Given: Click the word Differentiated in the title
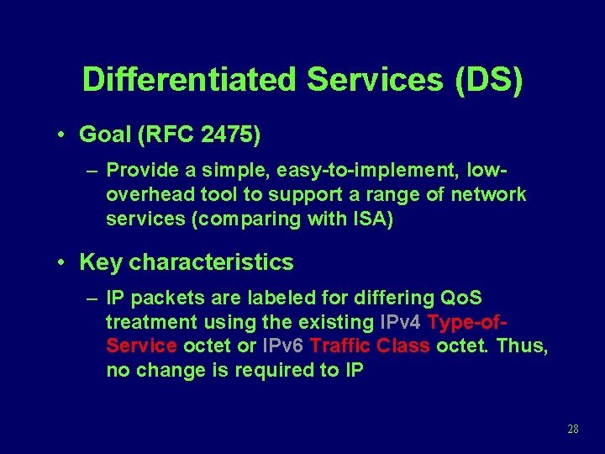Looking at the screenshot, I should [190, 80].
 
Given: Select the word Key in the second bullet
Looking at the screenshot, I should [100, 262].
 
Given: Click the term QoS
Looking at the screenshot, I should [461, 298].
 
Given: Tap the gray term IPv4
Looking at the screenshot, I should [401, 322].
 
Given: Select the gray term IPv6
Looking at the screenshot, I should [283, 346].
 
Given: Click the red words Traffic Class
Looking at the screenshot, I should [370, 346].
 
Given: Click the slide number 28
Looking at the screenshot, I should [573, 429].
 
